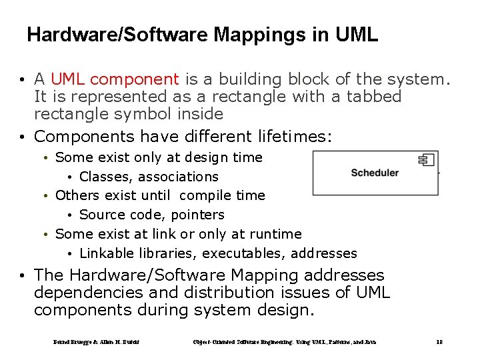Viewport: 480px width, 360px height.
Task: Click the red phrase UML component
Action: coord(115,79)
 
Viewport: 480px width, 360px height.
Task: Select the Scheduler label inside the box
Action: coord(375,173)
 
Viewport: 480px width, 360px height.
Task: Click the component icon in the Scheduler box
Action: coord(426,159)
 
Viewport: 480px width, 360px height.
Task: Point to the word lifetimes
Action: coord(294,137)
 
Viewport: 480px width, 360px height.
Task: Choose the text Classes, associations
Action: coord(149,177)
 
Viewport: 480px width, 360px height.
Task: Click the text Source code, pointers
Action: coord(151,215)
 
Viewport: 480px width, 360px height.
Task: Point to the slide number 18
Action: coord(439,342)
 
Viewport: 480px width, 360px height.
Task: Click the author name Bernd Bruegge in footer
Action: coord(75,342)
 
